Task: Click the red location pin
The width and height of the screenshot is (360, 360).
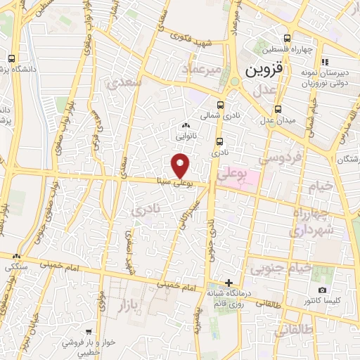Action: (181, 165)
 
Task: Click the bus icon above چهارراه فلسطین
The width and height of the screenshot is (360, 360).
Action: (286, 39)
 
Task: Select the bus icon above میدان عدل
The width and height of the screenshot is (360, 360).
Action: (279, 109)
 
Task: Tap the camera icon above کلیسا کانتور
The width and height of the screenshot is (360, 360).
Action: (322, 290)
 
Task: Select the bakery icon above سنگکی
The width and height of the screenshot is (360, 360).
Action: (15, 257)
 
